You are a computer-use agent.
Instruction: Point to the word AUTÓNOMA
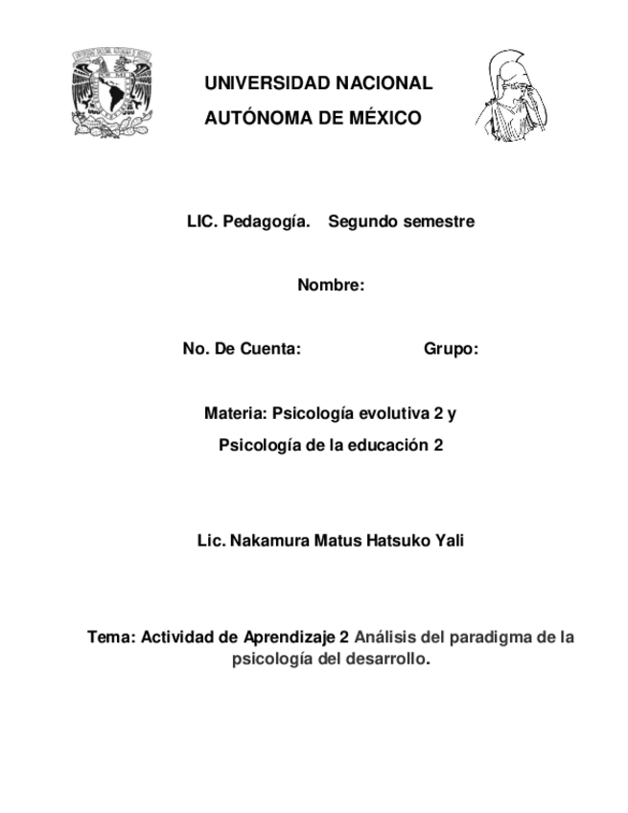coord(259,118)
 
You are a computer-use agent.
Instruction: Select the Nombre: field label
coord(331,285)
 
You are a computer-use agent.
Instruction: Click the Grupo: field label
coord(451,350)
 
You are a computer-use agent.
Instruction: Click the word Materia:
coord(236,414)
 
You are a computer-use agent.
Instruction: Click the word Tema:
coord(111,637)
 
